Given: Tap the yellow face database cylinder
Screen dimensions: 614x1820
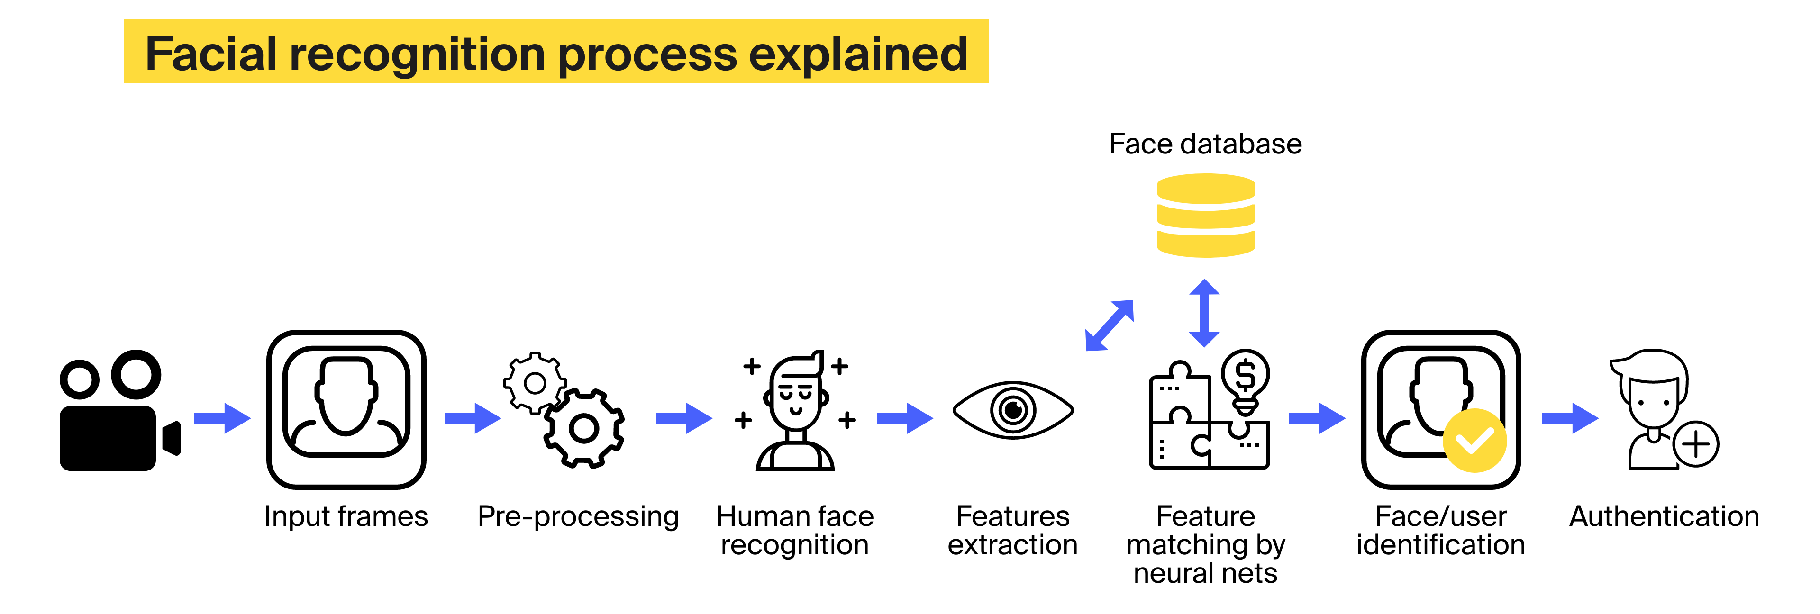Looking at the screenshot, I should tap(1205, 216).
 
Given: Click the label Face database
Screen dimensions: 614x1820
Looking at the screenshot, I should tap(1205, 144).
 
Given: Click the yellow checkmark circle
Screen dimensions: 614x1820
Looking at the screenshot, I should tap(1474, 441).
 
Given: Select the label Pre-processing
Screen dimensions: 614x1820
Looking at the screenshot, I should tap(578, 516).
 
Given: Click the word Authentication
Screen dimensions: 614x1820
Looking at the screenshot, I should tap(1664, 516).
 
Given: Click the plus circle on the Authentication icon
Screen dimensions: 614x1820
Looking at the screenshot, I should tap(1696, 444).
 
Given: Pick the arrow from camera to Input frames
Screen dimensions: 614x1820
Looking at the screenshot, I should tap(222, 418).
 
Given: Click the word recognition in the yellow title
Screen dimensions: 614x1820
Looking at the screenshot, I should tap(417, 54).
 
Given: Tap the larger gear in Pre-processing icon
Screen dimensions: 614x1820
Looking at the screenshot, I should tap(583, 428).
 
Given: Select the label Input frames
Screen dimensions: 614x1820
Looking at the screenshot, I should tap(346, 516).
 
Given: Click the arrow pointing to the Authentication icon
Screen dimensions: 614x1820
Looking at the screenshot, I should tap(1570, 418).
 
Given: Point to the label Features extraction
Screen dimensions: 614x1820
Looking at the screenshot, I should tap(1012, 531).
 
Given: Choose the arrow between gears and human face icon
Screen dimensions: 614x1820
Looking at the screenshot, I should tap(683, 418).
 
